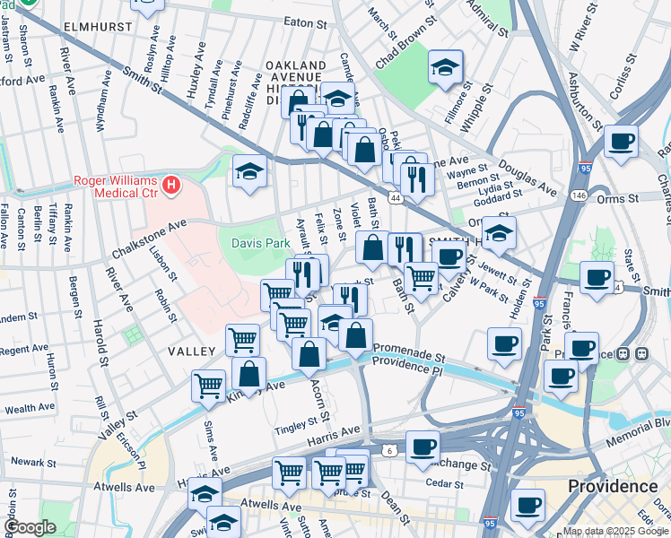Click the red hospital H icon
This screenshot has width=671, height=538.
click(170, 187)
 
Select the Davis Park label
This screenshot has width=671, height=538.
click(261, 243)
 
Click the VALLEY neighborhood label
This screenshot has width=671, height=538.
click(191, 351)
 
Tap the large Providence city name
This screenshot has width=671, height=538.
click(613, 486)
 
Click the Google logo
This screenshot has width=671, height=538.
click(30, 528)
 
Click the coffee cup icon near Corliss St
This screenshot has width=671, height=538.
click(621, 141)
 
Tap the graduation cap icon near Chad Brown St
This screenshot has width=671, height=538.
click(445, 67)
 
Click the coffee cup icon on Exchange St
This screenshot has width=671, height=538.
click(423, 446)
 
